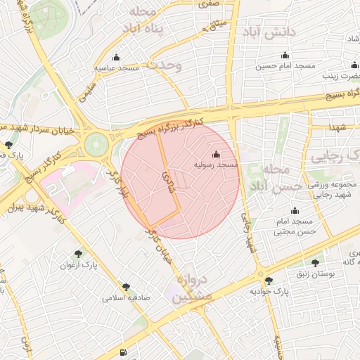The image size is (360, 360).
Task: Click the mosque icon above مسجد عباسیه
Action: [116, 58]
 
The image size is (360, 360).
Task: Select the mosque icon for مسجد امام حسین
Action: [285, 56]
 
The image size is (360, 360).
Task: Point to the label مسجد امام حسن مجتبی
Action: [295, 226]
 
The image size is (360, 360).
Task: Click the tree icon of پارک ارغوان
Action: [78, 254]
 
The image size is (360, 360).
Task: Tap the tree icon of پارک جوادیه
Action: [267, 281]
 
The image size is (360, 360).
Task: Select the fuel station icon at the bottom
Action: [124, 352]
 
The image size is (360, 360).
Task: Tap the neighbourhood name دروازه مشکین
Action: [190, 288]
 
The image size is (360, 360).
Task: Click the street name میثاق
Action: [214, 27]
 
